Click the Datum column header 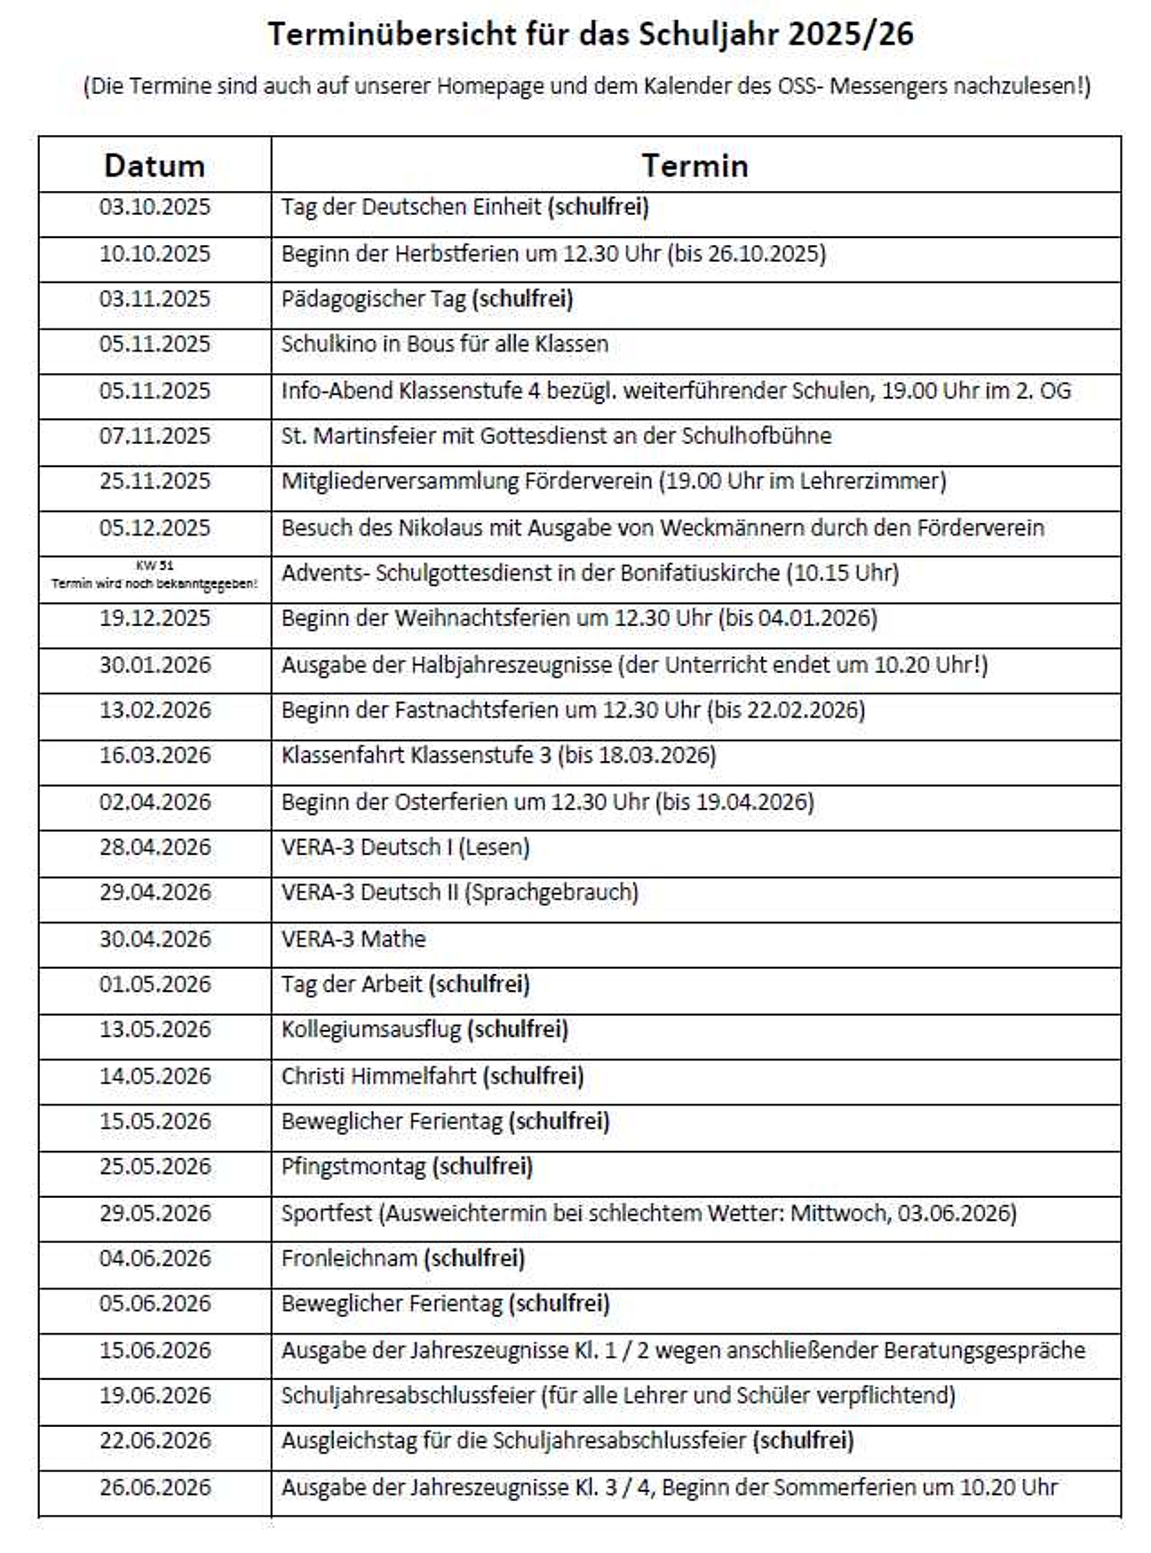(155, 166)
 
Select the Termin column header (695, 166)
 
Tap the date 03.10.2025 (155, 207)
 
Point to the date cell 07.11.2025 (155, 436)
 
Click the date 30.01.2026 (155, 665)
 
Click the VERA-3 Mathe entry (353, 939)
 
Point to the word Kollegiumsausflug (371, 1030)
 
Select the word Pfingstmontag (353, 1167)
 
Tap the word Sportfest (326, 1213)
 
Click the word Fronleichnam (349, 1259)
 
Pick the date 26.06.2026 (155, 1487)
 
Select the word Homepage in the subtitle (490, 86)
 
